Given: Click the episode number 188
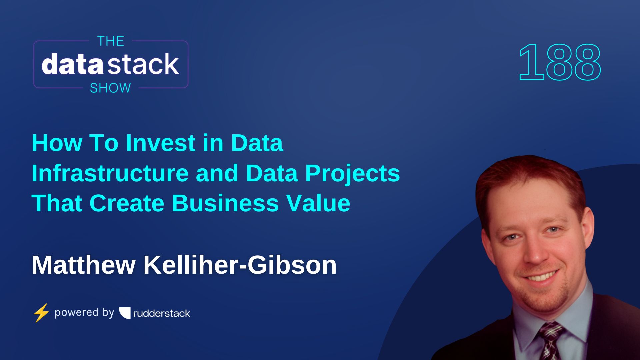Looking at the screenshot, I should click(x=560, y=63).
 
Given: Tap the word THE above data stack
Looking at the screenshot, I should click(x=110, y=41).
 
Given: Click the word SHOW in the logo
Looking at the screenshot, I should click(x=110, y=88).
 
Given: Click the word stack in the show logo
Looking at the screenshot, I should click(x=144, y=64).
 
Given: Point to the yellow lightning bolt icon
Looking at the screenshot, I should click(x=41, y=313).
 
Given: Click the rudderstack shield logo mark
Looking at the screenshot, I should click(x=125, y=313).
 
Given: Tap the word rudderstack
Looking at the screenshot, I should click(x=162, y=313).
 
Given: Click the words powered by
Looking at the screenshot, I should click(x=84, y=313).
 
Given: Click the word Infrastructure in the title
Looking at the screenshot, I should click(x=110, y=173).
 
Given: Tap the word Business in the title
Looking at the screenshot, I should click(x=225, y=203).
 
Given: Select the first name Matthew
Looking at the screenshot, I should click(x=83, y=265).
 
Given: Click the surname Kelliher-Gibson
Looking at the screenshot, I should click(x=240, y=265).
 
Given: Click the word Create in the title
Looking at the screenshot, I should click(x=127, y=203).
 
